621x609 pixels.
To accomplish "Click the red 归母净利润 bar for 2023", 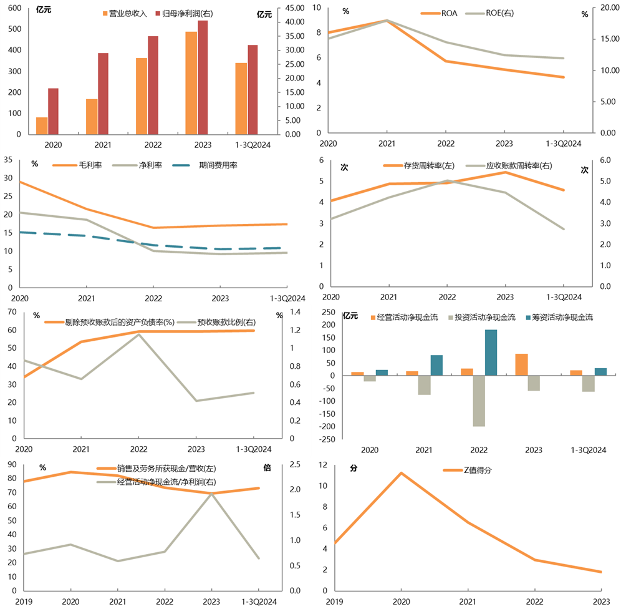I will point(203,77).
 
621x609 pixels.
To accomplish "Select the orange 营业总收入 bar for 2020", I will point(42,125).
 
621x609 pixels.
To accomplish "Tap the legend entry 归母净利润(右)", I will point(185,13).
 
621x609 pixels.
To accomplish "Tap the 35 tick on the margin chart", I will point(9,160).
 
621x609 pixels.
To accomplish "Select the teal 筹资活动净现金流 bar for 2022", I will point(491,353).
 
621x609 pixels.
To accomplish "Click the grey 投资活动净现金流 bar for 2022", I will point(479,401).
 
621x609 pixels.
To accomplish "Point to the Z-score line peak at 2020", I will point(402,472).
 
